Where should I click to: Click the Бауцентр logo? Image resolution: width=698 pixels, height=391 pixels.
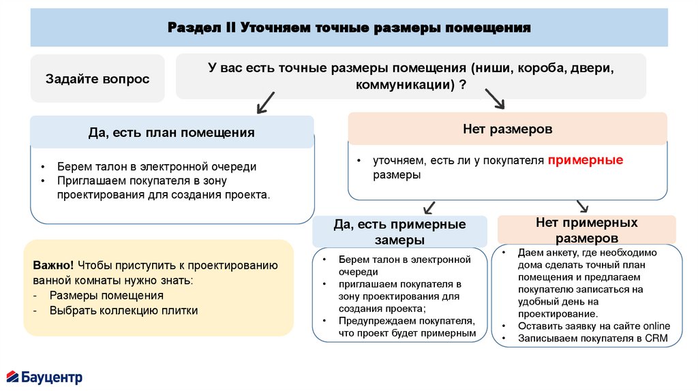44,377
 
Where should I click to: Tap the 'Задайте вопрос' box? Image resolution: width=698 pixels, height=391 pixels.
97,79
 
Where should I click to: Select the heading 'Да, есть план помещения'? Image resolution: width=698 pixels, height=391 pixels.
172,132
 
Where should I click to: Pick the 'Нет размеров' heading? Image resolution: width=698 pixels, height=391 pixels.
507,129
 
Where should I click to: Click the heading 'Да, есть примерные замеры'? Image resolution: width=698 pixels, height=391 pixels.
399,232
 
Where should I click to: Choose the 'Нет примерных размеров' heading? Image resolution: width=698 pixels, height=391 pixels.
587,230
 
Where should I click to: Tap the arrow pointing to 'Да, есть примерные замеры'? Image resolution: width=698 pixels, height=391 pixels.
429,207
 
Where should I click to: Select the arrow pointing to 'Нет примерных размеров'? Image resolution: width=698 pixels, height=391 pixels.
583,206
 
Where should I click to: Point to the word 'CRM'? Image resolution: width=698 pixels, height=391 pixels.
657,339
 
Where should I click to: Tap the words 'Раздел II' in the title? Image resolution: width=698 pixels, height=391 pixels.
201,28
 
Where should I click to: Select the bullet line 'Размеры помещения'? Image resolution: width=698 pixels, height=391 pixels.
106,296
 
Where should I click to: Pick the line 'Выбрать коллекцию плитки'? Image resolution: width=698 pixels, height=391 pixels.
123,311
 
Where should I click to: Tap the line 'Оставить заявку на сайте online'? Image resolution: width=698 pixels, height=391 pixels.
594,326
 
